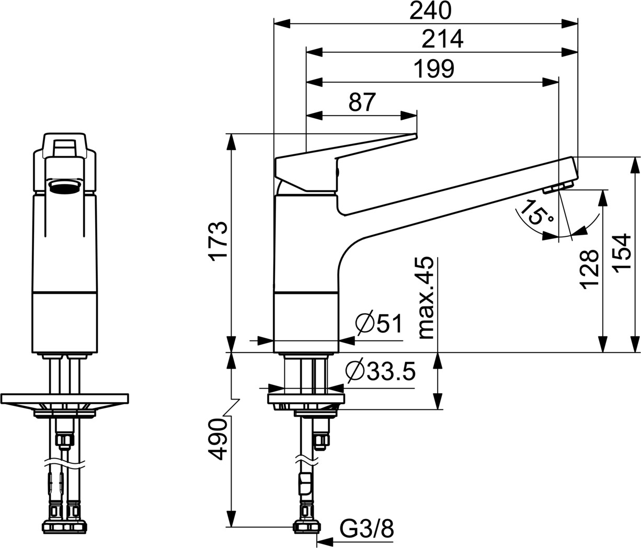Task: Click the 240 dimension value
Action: (x=430, y=11)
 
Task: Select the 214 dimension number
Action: (x=443, y=39)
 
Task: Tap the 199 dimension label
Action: (x=434, y=69)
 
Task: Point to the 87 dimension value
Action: (x=362, y=102)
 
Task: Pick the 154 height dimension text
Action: (x=622, y=254)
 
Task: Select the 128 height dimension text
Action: (x=589, y=269)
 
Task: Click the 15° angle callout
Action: (x=535, y=212)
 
